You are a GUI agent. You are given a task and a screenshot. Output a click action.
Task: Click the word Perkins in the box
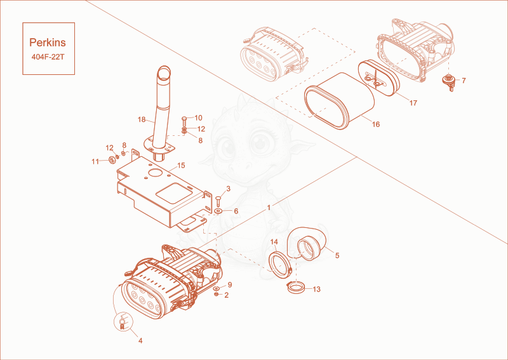(48, 43)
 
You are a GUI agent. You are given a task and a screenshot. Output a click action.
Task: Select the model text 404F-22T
(48, 57)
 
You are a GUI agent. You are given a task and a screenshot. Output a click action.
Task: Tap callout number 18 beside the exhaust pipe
(142, 119)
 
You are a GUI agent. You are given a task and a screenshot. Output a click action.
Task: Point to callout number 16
(376, 124)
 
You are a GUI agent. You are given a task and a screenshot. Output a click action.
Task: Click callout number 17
(413, 103)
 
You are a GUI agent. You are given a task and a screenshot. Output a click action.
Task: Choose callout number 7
(464, 81)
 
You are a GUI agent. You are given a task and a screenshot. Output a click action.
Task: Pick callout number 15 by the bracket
(181, 166)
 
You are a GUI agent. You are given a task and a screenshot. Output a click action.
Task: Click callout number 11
(95, 161)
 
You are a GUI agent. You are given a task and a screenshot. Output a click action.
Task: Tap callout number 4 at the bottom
(140, 340)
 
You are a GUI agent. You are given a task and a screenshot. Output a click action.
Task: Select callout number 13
(316, 289)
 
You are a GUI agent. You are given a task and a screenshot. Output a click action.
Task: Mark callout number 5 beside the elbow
(337, 256)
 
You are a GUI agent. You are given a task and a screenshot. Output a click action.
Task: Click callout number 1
(269, 208)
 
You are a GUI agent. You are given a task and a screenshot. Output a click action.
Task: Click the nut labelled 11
(112, 160)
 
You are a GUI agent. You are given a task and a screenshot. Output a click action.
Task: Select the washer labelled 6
(218, 211)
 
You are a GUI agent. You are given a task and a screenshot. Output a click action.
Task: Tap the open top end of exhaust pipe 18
(165, 71)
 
